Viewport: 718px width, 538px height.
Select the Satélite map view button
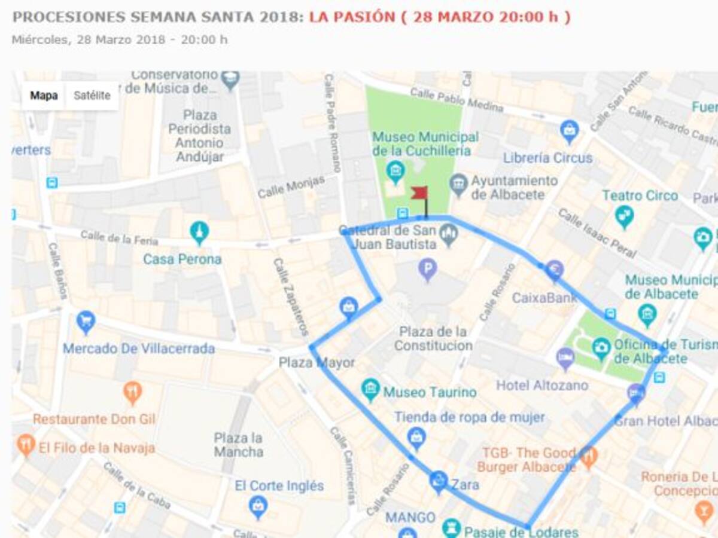click(92, 96)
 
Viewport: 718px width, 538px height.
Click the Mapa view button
click(44, 96)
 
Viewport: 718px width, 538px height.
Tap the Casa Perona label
click(182, 259)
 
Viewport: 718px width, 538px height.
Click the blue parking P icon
click(427, 270)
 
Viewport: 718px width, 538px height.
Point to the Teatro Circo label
click(640, 195)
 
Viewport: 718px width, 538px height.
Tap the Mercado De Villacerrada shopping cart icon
click(86, 323)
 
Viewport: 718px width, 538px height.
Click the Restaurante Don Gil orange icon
click(132, 393)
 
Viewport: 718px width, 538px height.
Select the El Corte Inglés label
click(279, 485)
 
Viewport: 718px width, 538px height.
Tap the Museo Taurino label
click(430, 392)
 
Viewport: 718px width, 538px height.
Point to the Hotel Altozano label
click(542, 386)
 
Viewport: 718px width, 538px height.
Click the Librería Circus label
click(547, 158)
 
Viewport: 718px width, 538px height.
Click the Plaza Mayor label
click(317, 363)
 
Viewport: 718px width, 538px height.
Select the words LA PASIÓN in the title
click(352, 17)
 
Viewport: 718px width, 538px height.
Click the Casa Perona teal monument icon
click(199, 232)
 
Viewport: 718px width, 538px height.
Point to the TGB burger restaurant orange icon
click(588, 457)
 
